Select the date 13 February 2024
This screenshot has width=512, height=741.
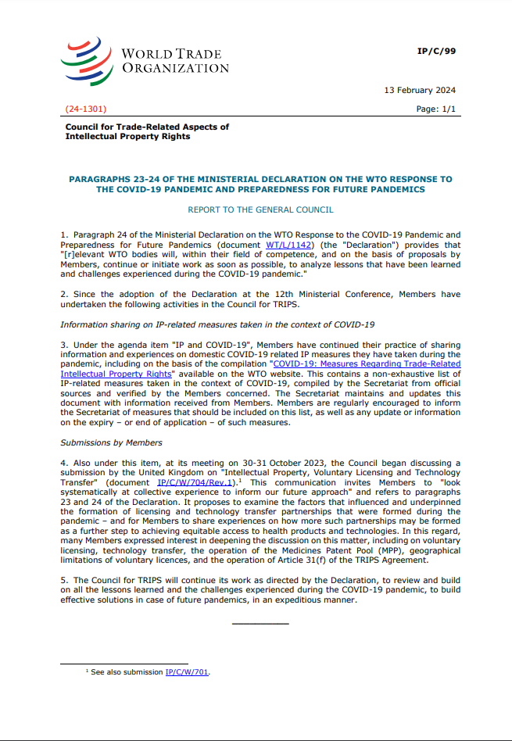click(420, 90)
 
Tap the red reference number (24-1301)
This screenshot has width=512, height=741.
click(85, 109)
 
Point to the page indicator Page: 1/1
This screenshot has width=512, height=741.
click(436, 109)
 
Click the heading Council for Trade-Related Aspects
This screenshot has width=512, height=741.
click(147, 127)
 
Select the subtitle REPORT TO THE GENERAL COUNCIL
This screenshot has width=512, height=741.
click(260, 209)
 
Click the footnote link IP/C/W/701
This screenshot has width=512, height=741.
click(187, 672)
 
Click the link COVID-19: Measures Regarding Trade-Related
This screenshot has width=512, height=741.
click(366, 363)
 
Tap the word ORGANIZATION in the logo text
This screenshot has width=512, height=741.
click(175, 68)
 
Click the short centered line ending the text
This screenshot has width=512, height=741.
click(260, 623)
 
